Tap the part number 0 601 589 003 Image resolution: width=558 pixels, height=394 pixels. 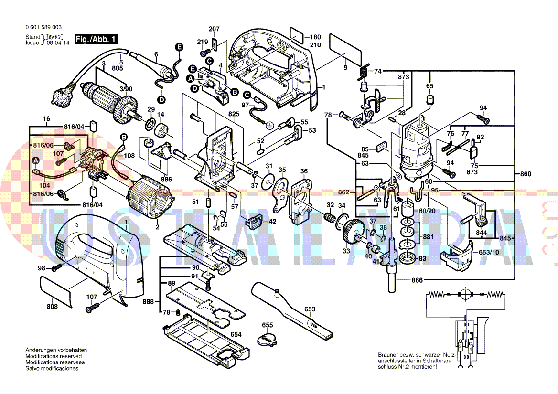43,27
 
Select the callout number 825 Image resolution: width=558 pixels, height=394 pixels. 233,114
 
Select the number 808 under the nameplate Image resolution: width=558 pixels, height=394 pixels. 52,306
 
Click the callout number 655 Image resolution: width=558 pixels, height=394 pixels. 268,325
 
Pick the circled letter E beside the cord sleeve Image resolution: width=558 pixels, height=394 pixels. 179,47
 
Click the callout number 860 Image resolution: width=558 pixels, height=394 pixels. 525,174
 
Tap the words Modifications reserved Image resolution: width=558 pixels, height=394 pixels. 54,356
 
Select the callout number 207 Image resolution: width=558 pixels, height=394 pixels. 214,29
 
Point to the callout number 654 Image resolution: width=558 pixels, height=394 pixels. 236,334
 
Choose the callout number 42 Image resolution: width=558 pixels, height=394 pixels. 272,221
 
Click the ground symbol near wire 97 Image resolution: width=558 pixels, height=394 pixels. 270,126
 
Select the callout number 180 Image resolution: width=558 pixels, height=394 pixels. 315,37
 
